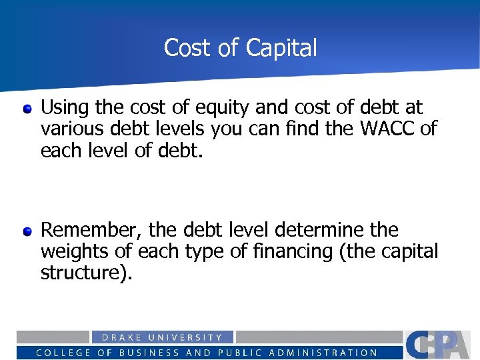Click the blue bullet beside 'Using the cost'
tap(27, 108)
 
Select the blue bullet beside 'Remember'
tap(27, 232)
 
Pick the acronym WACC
tap(387, 128)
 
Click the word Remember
tap(91, 231)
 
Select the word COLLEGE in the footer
tap(63, 353)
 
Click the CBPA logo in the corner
tap(440, 345)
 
